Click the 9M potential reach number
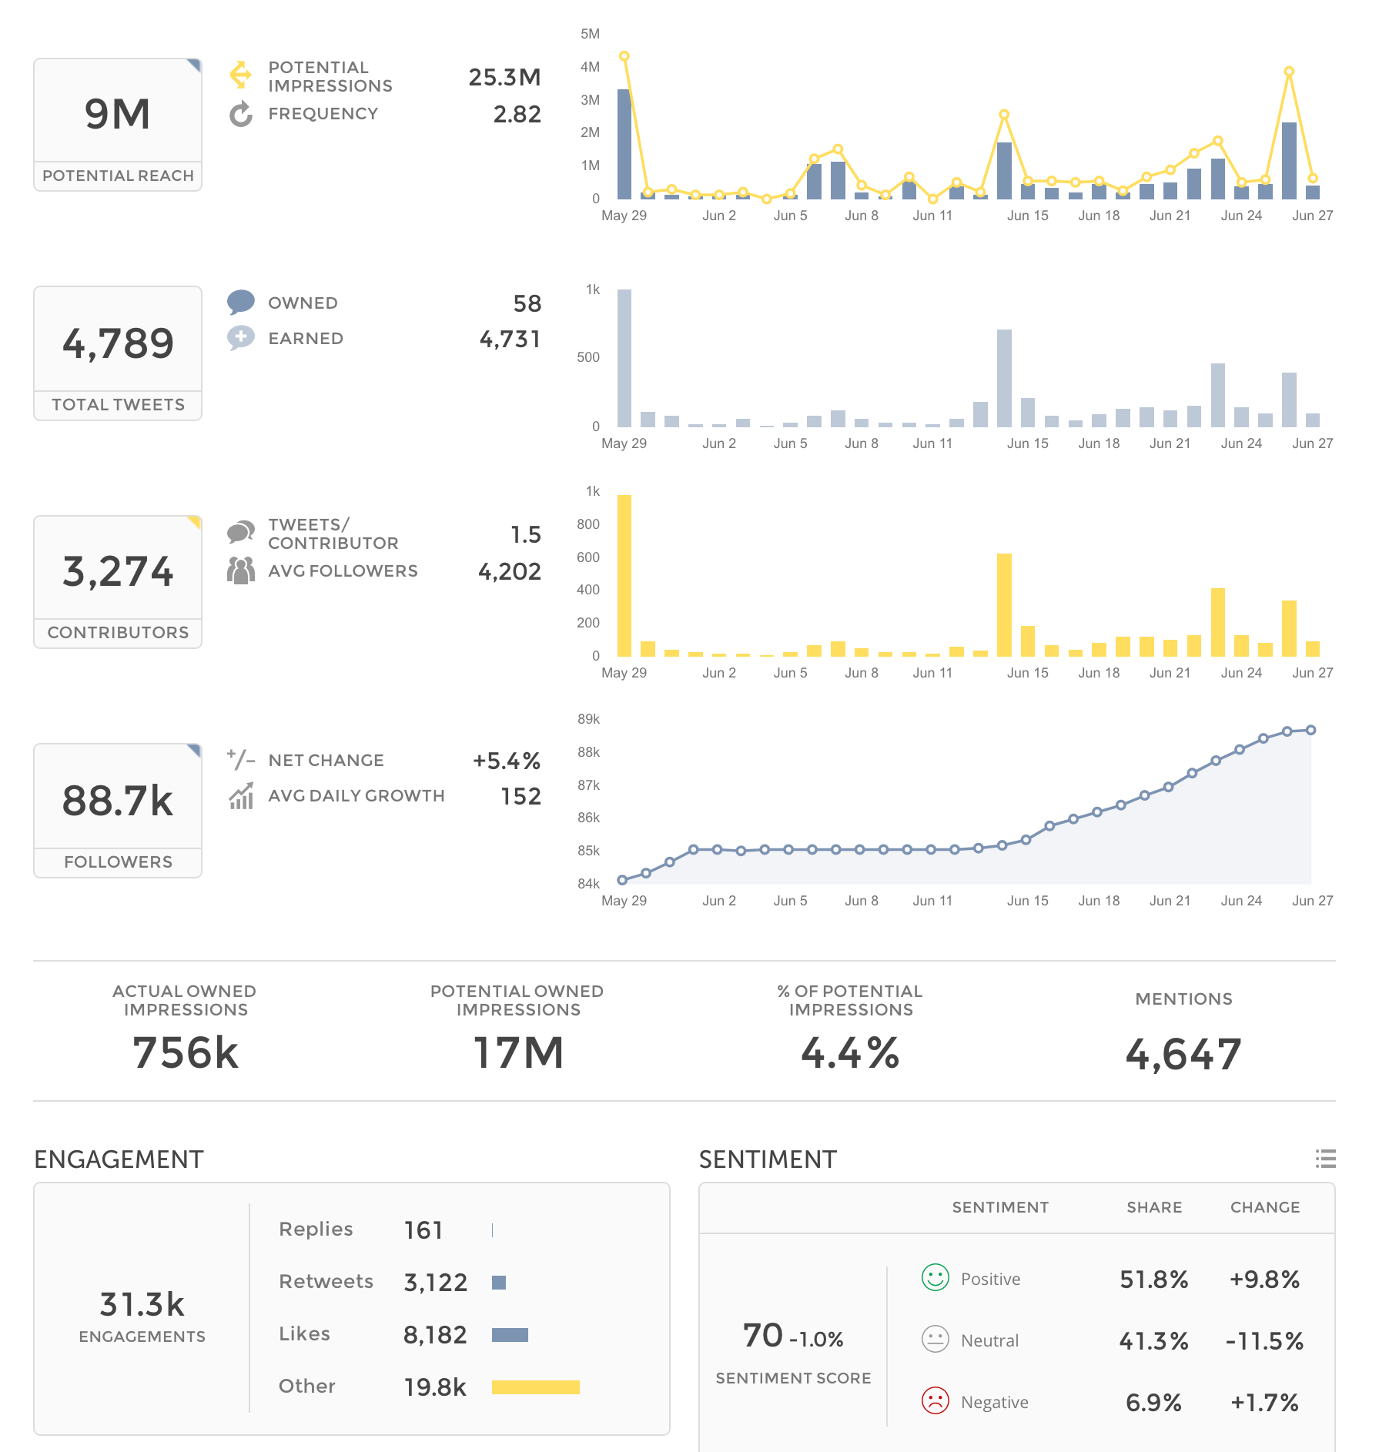point(118,114)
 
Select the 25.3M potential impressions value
point(504,77)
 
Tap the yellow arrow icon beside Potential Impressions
point(240,75)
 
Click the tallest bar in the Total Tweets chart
point(624,358)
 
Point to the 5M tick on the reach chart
point(590,34)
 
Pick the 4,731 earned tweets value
point(510,339)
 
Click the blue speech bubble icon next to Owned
point(241,302)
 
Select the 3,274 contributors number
point(118,571)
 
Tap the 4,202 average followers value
point(509,571)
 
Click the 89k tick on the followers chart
point(588,719)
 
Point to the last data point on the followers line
point(1311,730)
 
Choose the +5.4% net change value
point(506,761)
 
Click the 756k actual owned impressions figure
point(186,1052)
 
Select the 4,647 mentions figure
point(1183,1054)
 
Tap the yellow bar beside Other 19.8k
point(536,1387)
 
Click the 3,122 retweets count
point(435,1283)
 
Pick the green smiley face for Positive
point(936,1278)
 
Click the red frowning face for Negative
point(936,1401)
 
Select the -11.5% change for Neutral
point(1264,1341)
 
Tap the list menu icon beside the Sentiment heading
point(1325,1159)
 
